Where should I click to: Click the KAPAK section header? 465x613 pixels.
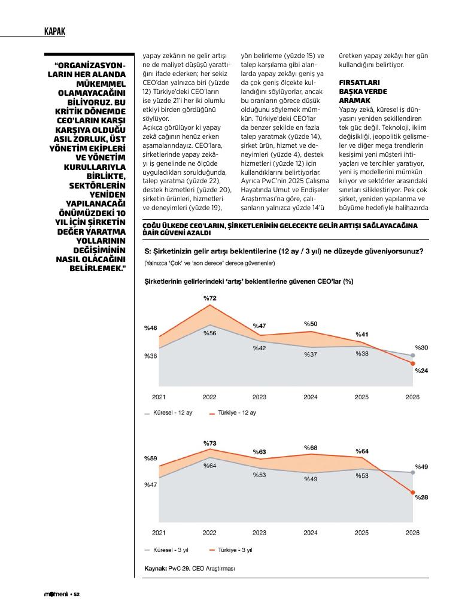54,31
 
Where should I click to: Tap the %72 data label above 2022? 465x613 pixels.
210,298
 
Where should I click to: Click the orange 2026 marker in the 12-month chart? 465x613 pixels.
413,363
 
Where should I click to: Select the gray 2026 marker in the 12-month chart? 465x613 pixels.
413,356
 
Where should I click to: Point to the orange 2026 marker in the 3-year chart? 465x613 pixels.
413,493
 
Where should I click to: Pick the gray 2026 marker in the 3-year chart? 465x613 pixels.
413,472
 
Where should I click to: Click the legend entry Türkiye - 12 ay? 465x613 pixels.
233,413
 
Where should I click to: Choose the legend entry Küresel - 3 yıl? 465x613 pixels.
166,550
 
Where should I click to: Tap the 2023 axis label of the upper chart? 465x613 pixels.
260,397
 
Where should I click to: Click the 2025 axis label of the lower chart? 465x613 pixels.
361,533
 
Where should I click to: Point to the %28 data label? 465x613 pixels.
422,497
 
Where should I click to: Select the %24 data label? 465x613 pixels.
422,371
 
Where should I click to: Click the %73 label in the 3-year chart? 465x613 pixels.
210,444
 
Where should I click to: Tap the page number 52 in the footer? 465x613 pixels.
77,594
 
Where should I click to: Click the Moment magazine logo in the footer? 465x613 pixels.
56,594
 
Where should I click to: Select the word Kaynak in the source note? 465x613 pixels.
156,569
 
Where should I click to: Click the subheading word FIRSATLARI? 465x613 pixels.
359,83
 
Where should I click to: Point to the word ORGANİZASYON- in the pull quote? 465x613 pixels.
90,65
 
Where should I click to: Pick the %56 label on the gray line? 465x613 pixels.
210,333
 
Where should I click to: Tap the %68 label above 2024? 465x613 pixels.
311,448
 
